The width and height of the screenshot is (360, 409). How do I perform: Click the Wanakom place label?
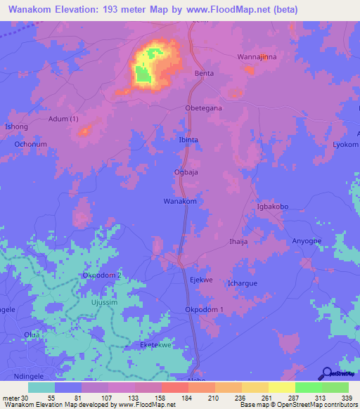point(179,201)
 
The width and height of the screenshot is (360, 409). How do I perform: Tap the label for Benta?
point(203,73)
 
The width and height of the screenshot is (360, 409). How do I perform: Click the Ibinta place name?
point(188,140)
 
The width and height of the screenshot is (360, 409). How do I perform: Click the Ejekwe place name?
point(201,280)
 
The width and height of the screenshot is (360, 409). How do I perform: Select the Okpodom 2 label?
point(103,275)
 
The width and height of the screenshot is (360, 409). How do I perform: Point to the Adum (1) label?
point(63,119)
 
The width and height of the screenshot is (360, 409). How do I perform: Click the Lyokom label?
point(345,144)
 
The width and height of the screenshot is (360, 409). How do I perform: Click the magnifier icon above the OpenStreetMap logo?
point(326,373)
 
